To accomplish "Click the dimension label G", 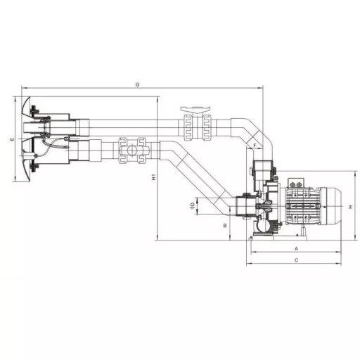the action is click(x=138, y=84).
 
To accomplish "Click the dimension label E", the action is click(x=12, y=139).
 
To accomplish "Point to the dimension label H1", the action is click(x=154, y=177).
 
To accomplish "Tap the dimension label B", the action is click(x=225, y=226).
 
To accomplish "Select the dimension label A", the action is click(x=296, y=248).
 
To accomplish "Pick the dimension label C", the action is click(x=296, y=260).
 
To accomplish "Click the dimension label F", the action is click(x=255, y=146).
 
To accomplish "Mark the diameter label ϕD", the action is click(x=193, y=205).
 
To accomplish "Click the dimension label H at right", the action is click(x=351, y=207).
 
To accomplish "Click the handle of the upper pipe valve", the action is click(x=195, y=110).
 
